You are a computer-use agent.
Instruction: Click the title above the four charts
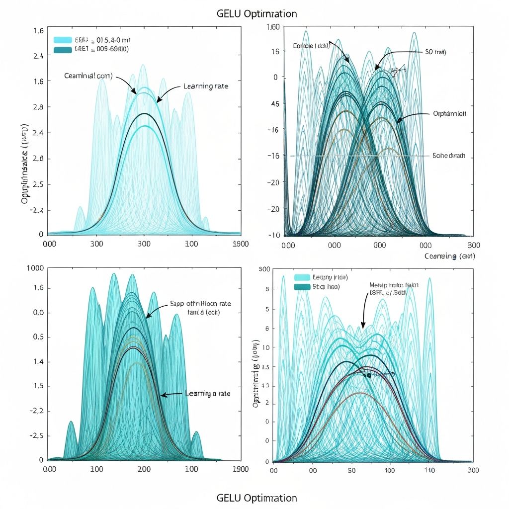257,13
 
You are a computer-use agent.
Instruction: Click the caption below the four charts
257,498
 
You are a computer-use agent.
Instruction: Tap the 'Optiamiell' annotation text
449,114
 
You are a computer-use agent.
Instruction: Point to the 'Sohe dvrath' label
449,156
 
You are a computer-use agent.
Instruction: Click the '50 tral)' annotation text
435,52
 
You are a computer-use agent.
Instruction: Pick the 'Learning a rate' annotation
208,393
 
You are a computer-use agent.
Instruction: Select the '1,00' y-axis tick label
274,28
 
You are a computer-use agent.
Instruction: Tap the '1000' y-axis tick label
38,268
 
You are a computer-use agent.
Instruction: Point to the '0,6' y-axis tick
38,313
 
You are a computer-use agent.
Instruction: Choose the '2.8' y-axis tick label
38,107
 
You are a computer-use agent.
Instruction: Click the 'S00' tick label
264,269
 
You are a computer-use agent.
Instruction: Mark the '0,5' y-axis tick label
38,337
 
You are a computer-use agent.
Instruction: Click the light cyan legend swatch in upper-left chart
63,40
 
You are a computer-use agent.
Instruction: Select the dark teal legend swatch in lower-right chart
301,287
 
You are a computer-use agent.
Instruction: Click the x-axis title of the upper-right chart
450,256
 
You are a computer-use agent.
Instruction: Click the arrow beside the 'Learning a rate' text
171,395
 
